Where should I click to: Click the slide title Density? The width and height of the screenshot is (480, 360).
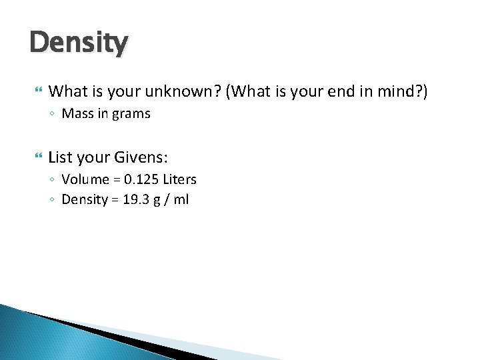coord(78,44)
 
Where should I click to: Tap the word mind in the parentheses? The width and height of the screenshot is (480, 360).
coord(399,91)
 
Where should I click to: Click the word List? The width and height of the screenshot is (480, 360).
coord(61,158)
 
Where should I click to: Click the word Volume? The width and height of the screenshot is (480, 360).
coord(83,179)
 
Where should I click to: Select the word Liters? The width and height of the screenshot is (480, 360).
coord(179,179)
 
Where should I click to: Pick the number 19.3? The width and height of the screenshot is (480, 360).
coord(135,199)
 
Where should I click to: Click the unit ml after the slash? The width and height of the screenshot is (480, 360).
coord(181,199)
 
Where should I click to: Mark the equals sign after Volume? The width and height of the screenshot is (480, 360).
coord(114,180)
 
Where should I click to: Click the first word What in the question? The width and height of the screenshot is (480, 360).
coord(68,91)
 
